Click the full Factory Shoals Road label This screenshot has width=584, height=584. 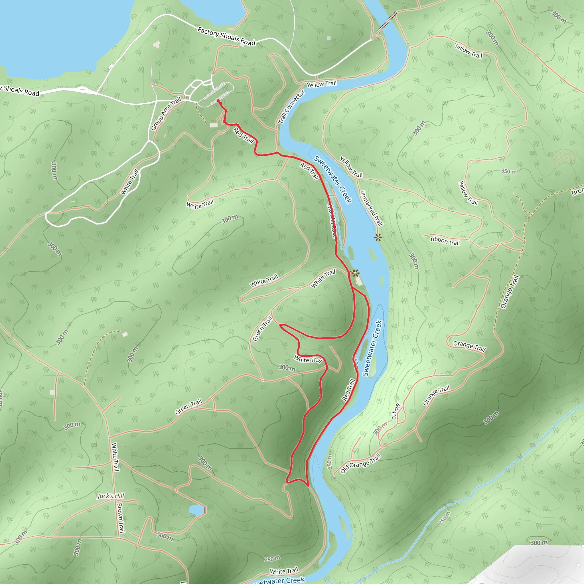tap(226, 36)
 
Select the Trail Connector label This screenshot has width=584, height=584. tap(291, 107)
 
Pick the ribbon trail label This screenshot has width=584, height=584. tap(445, 241)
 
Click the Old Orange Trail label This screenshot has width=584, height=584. tap(360, 464)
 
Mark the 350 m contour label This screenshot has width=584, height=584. tap(509, 171)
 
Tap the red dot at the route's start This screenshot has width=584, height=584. tap(218, 101)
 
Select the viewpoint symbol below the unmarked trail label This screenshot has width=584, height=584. tap(378, 237)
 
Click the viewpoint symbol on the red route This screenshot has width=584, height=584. tap(356, 273)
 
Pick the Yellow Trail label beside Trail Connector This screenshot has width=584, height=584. tap(322, 84)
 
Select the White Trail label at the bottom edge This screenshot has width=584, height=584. tap(284, 571)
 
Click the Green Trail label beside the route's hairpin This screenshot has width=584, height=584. tap(262, 329)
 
